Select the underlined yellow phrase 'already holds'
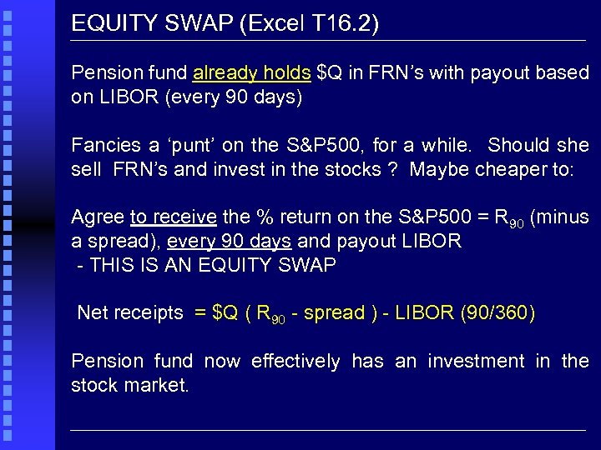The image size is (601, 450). point(251,73)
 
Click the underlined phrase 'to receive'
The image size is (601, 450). point(174,218)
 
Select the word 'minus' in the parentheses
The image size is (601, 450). point(563,218)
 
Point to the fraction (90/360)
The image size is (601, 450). point(497,313)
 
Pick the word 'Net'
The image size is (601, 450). point(93,313)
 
